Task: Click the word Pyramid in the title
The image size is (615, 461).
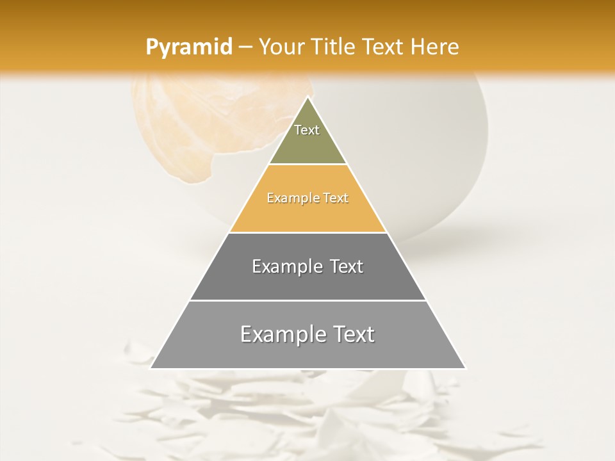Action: (188, 47)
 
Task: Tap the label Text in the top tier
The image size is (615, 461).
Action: (307, 130)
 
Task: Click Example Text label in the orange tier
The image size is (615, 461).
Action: (307, 198)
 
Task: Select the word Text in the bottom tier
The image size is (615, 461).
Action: (352, 334)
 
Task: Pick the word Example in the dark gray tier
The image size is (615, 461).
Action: (286, 266)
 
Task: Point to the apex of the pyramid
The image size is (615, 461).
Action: (307, 97)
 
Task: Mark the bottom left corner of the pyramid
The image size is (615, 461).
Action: (151, 368)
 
